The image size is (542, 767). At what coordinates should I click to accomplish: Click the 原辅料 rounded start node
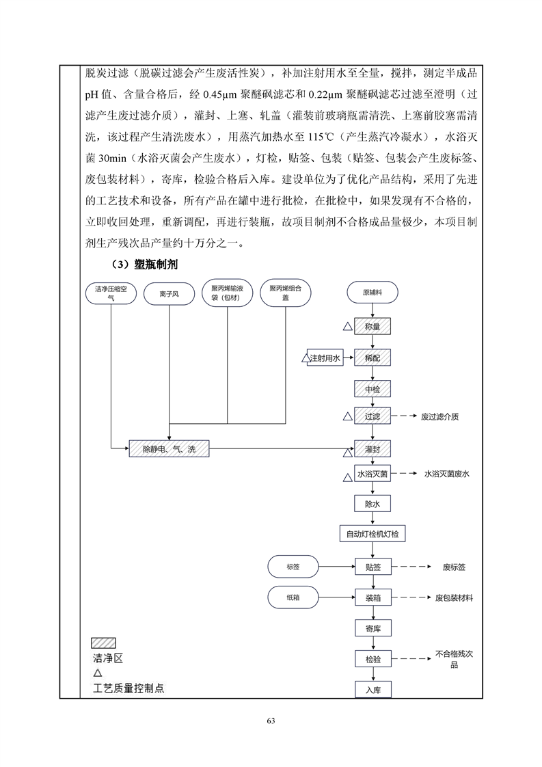372,293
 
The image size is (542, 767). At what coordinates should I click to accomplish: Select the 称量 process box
372,326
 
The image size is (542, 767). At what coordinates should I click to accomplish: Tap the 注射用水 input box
325,358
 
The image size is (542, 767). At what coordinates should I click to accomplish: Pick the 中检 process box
372,390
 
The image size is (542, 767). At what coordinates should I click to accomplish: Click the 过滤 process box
372,416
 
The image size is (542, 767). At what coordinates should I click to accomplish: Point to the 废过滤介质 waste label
439,417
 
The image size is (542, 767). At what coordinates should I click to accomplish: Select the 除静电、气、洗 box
169,449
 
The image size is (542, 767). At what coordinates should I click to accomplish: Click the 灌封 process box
372,448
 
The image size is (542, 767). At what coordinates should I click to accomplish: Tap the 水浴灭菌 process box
372,474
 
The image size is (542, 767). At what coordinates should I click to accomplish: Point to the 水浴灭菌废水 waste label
446,474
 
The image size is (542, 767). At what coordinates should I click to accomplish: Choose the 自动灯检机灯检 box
372,534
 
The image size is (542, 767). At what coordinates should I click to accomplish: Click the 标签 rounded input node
293,567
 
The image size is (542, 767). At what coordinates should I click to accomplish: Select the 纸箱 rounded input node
293,597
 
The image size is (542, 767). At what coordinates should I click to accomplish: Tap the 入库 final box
373,690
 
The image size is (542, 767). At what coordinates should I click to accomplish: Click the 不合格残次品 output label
454,659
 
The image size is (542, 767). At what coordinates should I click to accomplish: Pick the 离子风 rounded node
169,294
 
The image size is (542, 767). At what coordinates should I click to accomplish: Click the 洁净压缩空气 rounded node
111,293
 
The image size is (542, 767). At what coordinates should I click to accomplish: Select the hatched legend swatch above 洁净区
104,643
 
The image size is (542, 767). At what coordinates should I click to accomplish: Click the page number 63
271,721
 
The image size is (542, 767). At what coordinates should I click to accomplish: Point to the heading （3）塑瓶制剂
145,265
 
